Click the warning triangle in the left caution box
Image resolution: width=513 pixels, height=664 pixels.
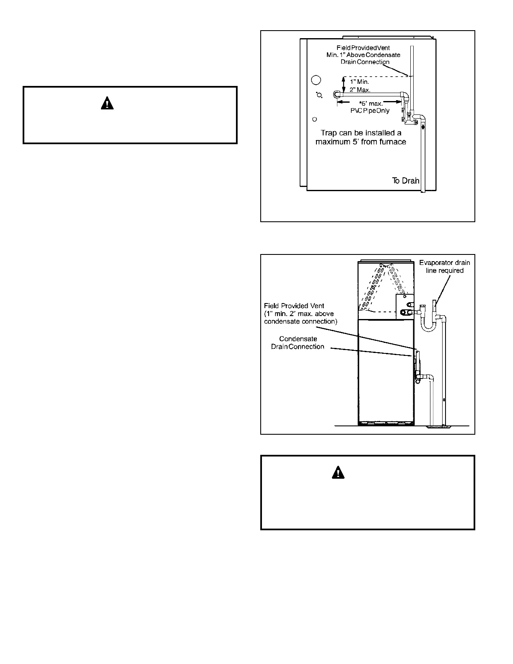107,103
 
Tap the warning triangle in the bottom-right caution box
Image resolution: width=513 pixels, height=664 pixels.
338,472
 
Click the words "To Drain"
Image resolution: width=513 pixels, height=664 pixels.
406,181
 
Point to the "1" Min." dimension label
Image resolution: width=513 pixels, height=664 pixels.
360,82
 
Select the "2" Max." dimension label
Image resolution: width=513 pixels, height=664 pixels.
360,90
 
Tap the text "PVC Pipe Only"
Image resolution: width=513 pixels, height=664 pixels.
370,111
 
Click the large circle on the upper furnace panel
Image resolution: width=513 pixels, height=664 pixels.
316,80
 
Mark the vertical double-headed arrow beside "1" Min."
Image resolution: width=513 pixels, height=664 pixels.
344,84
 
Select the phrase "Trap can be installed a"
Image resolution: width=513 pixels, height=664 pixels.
360,133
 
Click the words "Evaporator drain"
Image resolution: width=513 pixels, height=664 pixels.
445,263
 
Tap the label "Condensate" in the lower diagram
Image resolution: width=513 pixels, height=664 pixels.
298,339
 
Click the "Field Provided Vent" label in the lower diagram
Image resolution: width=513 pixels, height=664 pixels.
294,306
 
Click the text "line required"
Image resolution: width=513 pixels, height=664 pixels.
445,271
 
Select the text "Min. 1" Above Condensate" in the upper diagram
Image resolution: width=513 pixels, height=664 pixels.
363,55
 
